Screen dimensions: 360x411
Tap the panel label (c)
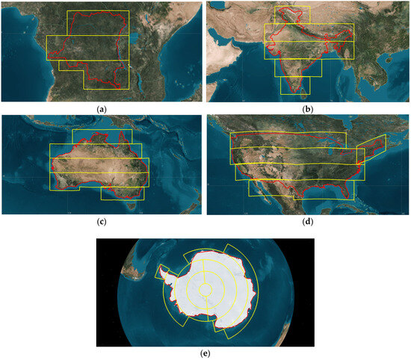(x=101, y=221)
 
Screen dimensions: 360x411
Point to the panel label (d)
(x=307, y=221)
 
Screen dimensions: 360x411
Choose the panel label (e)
(x=204, y=355)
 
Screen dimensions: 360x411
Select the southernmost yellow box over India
(x=295, y=85)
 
